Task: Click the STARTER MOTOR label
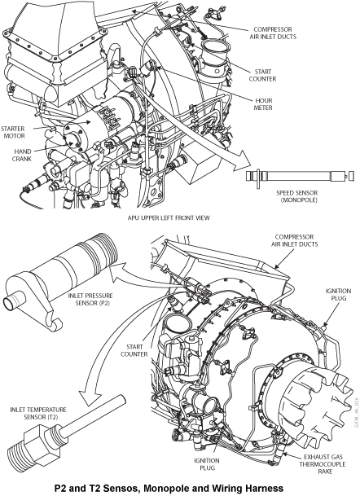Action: pos(13,132)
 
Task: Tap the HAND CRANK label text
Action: pos(22,155)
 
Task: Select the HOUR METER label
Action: pos(263,104)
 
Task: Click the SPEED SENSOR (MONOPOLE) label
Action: pos(297,196)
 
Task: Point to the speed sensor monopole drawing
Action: pos(300,176)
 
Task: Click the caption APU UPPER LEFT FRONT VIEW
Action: pos(169,217)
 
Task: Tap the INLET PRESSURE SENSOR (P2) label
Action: pos(90,299)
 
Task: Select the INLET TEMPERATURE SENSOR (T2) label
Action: pos(38,413)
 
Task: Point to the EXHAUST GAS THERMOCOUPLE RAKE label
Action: pos(323,464)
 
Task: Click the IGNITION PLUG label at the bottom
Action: pos(207,464)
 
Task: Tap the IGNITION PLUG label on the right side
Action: pos(338,295)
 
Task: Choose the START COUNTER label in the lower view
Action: pos(134,350)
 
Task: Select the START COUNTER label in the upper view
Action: pos(262,75)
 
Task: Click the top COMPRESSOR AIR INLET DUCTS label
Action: pos(273,33)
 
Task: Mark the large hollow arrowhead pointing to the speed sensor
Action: pos(242,160)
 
